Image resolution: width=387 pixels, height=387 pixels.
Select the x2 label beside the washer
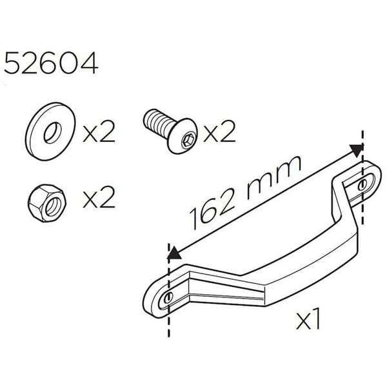(99, 134)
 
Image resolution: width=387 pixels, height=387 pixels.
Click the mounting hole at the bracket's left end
(168, 297)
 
